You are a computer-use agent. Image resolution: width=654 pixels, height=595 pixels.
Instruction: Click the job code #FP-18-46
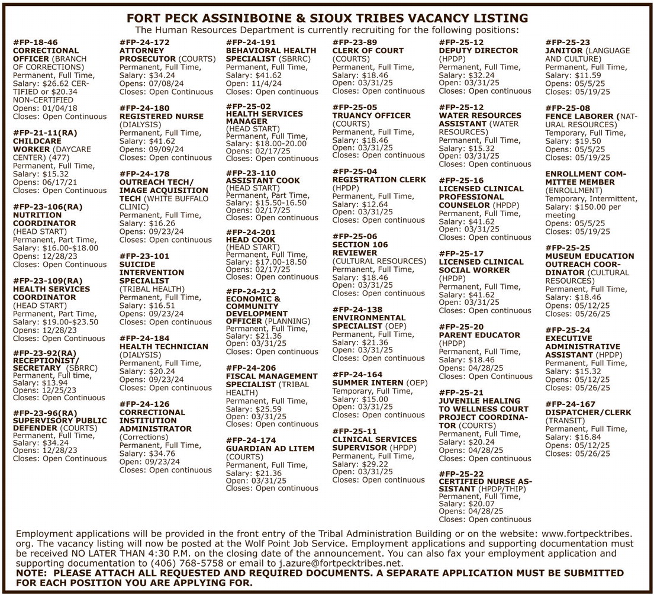point(36,43)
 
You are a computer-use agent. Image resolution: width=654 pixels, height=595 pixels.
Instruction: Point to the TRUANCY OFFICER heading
point(371,115)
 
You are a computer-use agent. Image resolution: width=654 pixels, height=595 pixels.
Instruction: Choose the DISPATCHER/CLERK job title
point(588,412)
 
